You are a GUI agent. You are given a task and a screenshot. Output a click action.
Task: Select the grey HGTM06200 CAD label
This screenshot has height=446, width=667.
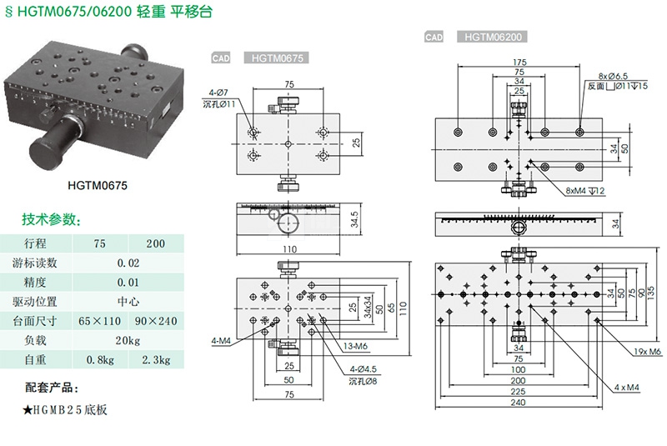pos(492,38)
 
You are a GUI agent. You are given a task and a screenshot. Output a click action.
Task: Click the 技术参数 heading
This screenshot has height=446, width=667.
pos(52,220)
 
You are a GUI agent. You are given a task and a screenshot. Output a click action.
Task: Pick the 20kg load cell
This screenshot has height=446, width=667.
pos(128,340)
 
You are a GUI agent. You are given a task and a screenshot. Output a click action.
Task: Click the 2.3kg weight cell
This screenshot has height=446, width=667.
pos(154,360)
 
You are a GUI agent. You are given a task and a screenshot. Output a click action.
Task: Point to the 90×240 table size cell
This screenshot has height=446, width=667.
pos(154,321)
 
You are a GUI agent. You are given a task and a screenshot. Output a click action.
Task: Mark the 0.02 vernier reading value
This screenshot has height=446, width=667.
pos(128,263)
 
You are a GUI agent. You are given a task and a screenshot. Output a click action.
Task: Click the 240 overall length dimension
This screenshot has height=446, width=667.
pos(519,402)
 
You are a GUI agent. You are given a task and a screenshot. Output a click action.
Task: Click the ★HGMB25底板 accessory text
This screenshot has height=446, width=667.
pos(66,410)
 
